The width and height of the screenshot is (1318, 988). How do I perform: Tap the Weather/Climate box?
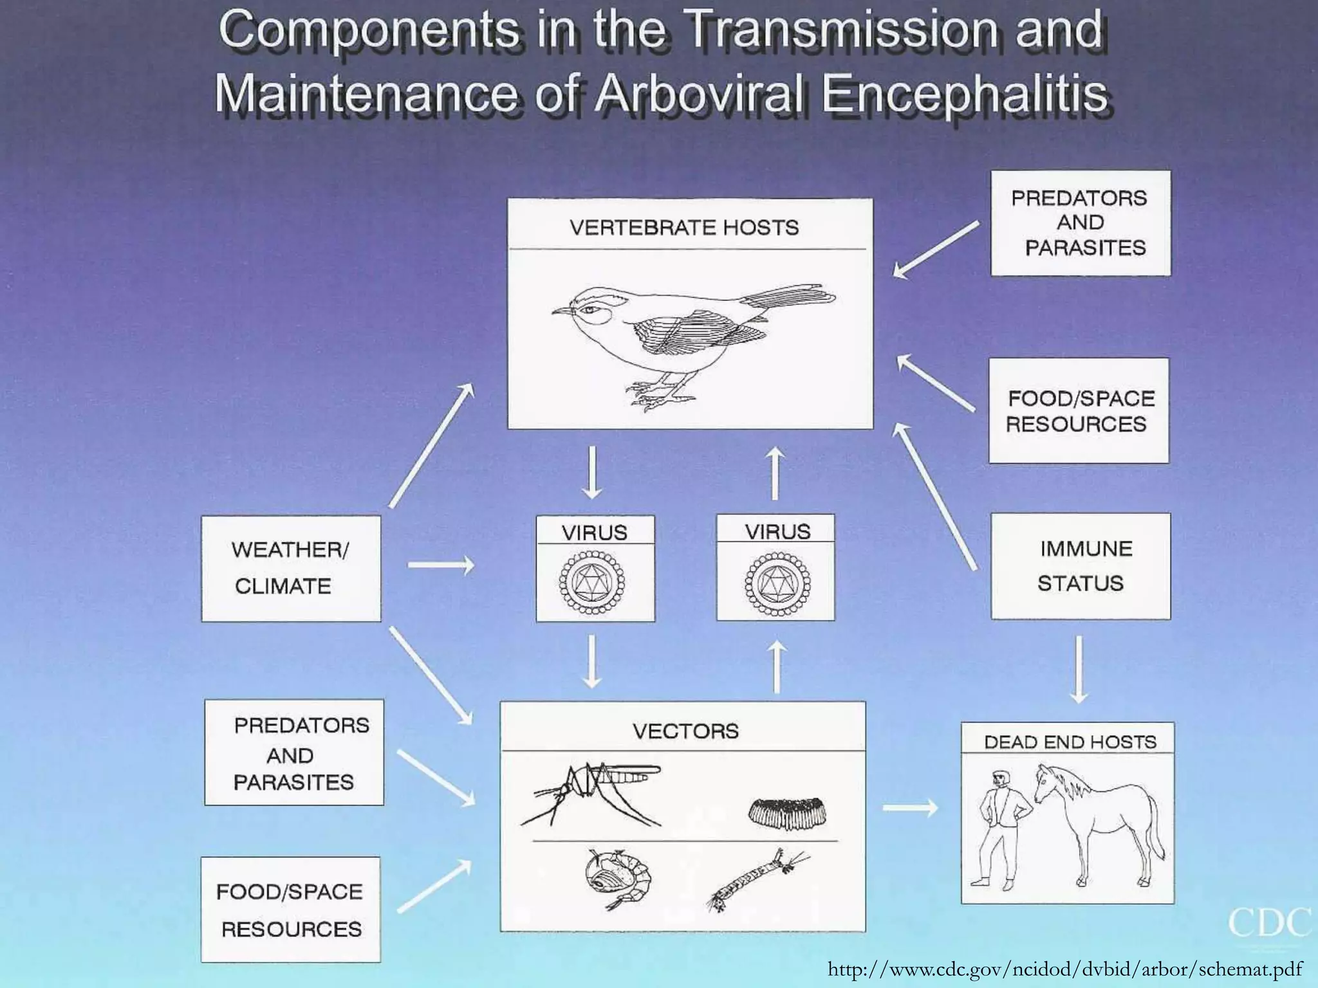[291, 568]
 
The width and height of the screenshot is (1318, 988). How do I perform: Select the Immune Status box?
[1081, 566]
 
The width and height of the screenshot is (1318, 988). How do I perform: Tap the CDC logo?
[1268, 924]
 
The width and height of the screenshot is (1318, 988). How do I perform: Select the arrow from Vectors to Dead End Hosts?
[909, 807]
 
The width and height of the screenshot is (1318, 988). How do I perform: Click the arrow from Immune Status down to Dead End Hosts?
[1079, 669]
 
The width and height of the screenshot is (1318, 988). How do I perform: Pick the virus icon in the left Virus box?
[592, 583]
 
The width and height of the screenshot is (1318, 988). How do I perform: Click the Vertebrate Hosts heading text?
[684, 227]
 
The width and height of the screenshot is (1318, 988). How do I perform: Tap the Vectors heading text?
[685, 731]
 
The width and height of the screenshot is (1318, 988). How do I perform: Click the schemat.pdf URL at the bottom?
[1065, 969]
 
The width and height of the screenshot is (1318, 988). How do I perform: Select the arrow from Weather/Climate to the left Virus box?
[441, 565]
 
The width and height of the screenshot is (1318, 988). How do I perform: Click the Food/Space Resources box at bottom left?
[290, 910]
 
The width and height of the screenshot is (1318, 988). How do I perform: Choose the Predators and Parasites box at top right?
[1081, 223]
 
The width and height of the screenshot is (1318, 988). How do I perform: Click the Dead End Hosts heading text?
[1070, 742]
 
